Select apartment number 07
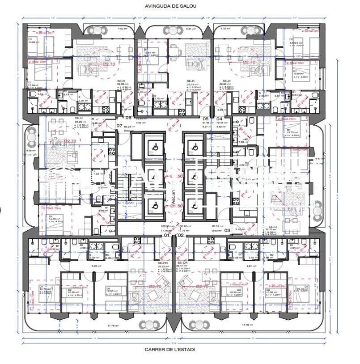pyautogui.click(x=119, y=126)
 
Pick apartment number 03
pyautogui.click(x=227, y=230)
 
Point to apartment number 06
pyautogui.click(x=128, y=118)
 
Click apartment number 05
pyautogui.click(x=206, y=119)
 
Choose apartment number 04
pyautogui.click(x=219, y=119)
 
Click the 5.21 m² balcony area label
pyautogui.click(x=191, y=29)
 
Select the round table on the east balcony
pyautogui.click(x=318, y=210)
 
